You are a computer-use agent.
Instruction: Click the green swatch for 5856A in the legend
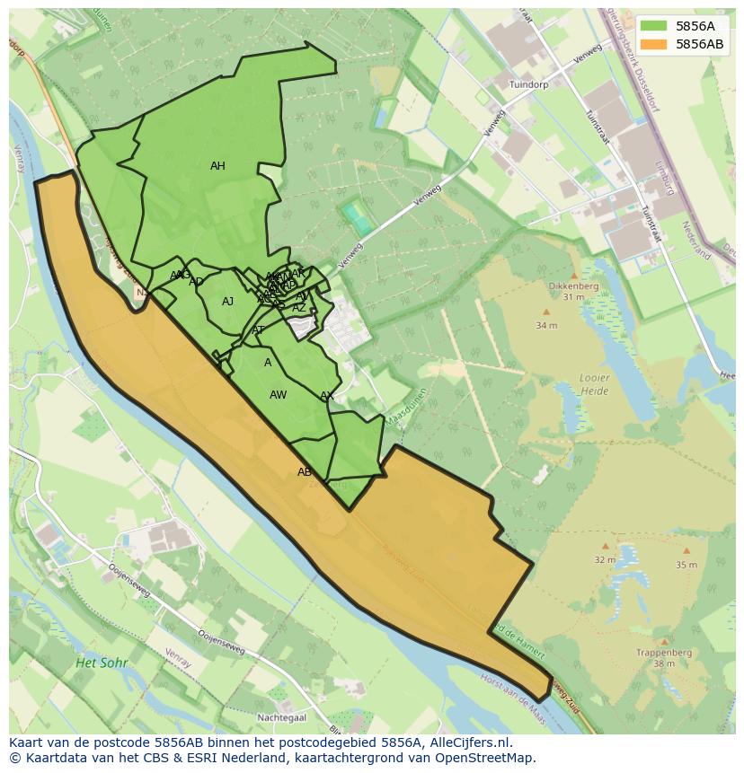coord(654,26)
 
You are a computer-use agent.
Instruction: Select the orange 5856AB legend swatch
coord(654,44)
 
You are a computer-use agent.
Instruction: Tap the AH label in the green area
coord(217,166)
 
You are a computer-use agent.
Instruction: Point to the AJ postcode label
coord(227,302)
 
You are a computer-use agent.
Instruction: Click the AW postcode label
coord(278,395)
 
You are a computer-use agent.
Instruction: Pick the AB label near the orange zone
coord(305,472)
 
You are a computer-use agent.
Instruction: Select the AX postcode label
coord(327,396)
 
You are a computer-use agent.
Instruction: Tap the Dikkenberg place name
coord(572,286)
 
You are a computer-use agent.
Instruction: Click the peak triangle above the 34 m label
coord(545,312)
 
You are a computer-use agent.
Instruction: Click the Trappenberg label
coord(663,653)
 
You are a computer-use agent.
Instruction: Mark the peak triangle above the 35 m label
coord(686,551)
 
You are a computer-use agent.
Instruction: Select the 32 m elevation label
coord(605,560)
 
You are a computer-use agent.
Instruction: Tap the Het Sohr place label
coord(102,663)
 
